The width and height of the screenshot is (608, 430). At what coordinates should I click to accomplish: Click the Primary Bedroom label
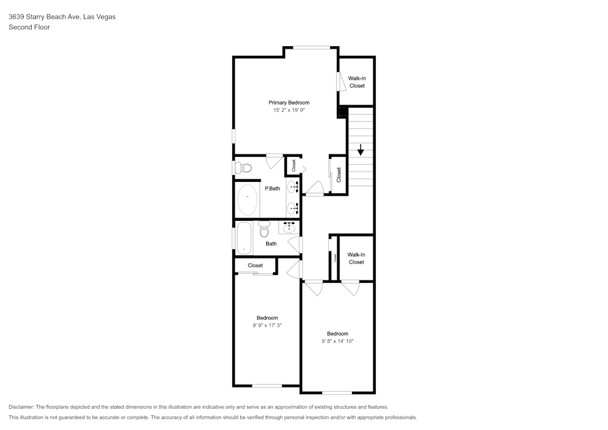click(289, 103)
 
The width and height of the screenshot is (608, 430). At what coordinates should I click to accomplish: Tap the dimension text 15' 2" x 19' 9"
click(289, 111)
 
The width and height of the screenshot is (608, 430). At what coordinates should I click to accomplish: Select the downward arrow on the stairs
click(361, 149)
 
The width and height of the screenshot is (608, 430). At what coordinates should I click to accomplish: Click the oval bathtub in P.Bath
click(247, 199)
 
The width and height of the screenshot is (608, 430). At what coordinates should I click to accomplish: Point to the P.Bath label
click(272, 189)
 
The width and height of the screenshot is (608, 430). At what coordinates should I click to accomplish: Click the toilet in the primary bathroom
click(243, 168)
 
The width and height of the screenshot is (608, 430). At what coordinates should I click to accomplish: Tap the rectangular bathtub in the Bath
click(244, 238)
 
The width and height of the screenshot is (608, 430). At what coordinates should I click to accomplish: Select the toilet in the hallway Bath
click(264, 230)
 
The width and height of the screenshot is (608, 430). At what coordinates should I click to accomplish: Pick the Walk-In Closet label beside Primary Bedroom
click(356, 82)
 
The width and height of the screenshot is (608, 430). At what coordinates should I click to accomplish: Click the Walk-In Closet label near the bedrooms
click(356, 258)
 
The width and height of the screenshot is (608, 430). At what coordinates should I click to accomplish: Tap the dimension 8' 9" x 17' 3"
click(267, 325)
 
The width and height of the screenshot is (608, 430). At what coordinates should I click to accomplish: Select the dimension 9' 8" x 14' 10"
click(337, 341)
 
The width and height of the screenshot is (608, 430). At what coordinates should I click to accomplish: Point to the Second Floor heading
click(29, 27)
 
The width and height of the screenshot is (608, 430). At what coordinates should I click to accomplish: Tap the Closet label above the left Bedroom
click(255, 266)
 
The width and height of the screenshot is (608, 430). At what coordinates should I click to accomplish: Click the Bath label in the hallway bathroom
click(271, 244)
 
